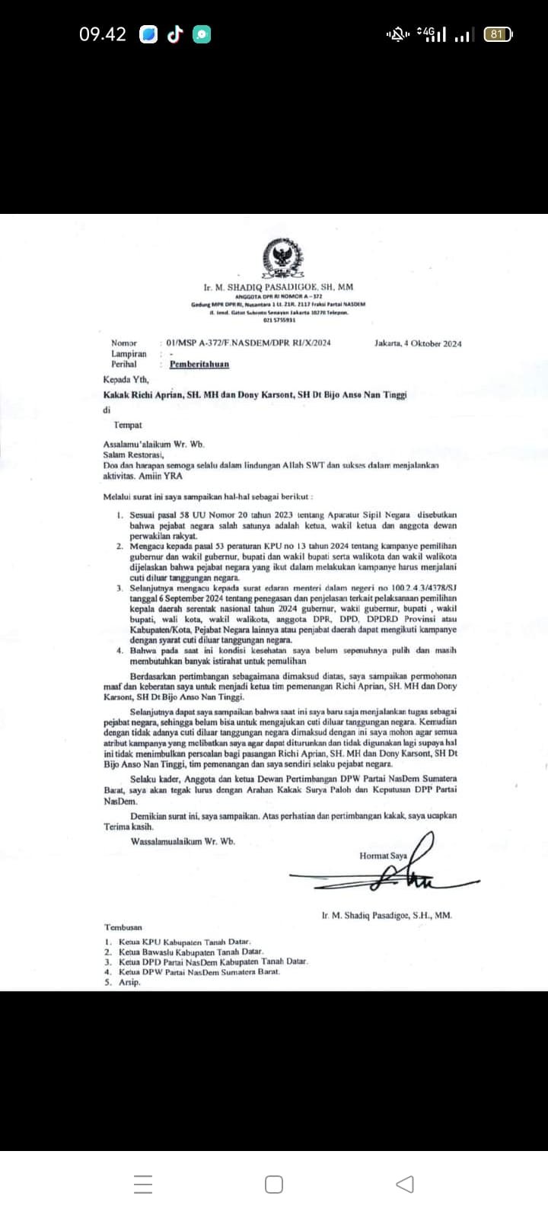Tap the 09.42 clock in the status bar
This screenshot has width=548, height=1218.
click(x=103, y=34)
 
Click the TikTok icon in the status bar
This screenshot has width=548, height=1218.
click(x=175, y=34)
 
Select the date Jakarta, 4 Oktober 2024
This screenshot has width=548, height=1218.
click(x=418, y=343)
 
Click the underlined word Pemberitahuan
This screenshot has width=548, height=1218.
click(x=199, y=364)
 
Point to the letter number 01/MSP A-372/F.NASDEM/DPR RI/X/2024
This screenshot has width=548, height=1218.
click(x=248, y=343)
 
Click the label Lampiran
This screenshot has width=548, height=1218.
click(x=129, y=354)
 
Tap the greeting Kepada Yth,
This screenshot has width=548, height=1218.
click(x=126, y=379)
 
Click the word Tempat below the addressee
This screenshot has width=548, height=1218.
click(x=128, y=425)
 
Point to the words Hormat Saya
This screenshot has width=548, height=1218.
click(x=383, y=856)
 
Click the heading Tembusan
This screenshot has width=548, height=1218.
click(x=123, y=927)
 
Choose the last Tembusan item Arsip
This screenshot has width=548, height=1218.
click(x=129, y=982)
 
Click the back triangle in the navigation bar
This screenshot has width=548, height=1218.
click(x=405, y=1185)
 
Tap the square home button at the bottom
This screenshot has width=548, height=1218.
click(x=274, y=1185)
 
